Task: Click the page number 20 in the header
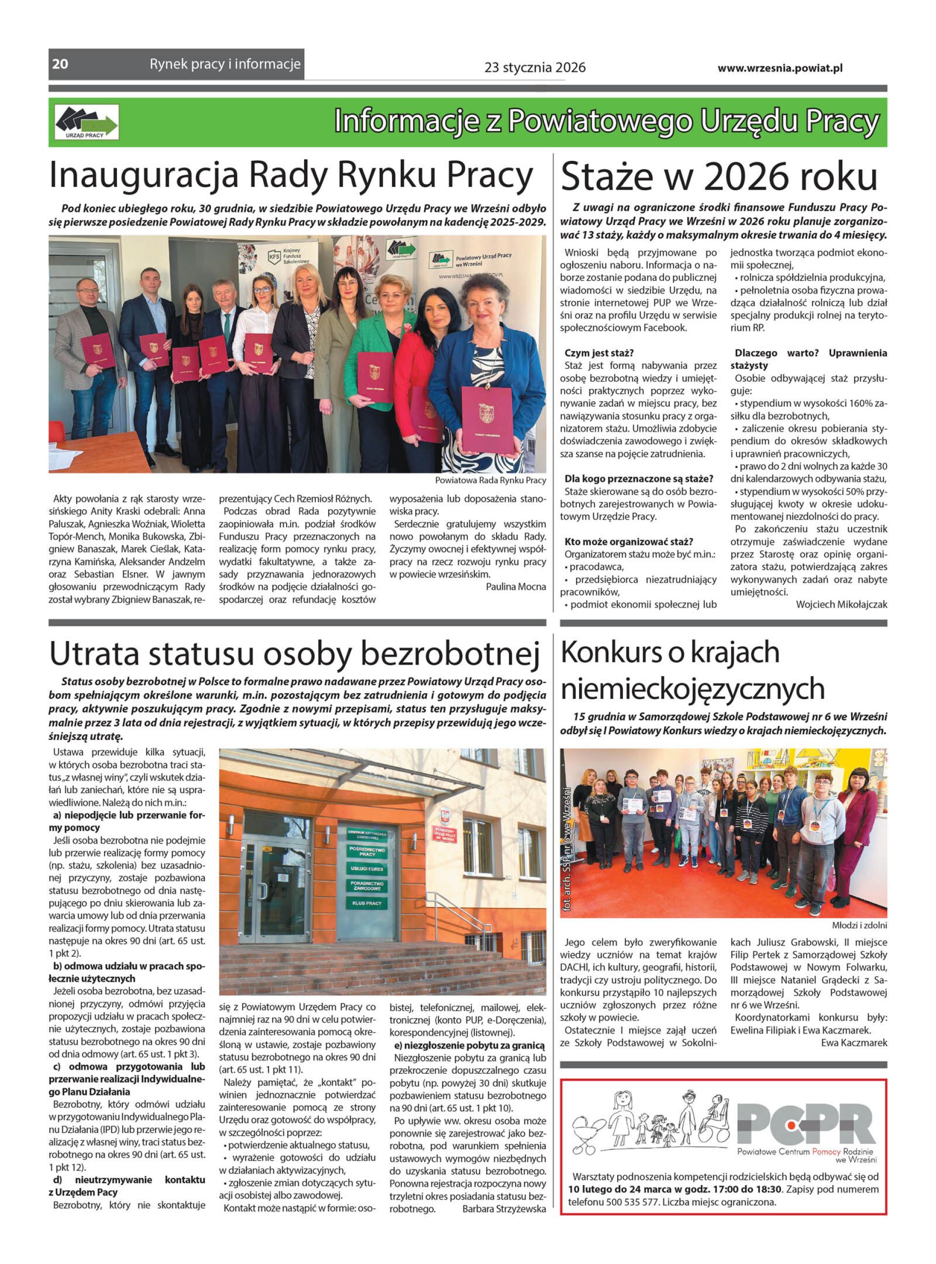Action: click(x=60, y=64)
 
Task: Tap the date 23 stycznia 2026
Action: click(x=534, y=68)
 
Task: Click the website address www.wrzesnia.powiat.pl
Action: click(x=780, y=68)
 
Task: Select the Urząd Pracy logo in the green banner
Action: click(x=87, y=122)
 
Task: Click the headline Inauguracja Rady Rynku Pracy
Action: click(x=291, y=176)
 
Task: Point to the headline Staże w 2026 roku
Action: click(x=719, y=177)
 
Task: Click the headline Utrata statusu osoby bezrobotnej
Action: click(x=294, y=654)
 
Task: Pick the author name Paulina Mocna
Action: click(x=516, y=587)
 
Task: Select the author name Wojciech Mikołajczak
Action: click(x=841, y=604)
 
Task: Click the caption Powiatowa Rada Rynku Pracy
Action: click(x=490, y=480)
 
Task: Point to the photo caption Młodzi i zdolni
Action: click(x=859, y=925)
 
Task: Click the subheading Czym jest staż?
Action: click(x=599, y=353)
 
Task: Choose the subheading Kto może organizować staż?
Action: click(x=628, y=542)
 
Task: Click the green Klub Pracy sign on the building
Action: click(x=367, y=903)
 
